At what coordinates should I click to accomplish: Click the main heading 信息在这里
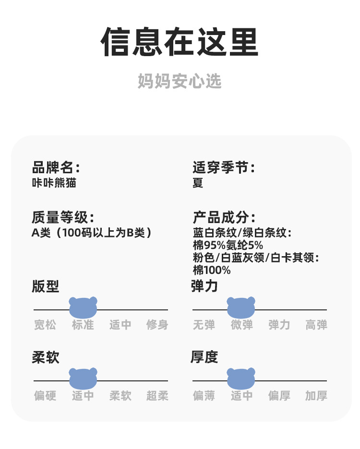180,42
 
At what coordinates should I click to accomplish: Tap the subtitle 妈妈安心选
180,81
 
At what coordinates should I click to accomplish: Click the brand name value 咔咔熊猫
54,183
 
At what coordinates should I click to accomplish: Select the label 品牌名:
56,168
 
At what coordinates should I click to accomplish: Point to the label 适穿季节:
224,168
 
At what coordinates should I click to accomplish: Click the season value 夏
198,183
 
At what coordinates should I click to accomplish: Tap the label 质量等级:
63,217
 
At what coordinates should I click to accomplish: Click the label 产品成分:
224,217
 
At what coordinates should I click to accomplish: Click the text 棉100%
212,270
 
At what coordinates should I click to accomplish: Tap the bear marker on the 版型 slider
83,307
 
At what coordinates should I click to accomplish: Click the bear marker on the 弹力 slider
241,307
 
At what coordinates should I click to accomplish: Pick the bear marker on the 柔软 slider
83,378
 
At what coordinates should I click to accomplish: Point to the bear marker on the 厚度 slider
241,378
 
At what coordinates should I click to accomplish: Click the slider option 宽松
45,325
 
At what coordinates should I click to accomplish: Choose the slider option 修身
157,325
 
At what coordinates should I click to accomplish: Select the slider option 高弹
316,325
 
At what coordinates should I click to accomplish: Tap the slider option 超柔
157,396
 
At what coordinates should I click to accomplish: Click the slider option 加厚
316,396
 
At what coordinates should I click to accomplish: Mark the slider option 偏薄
204,396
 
